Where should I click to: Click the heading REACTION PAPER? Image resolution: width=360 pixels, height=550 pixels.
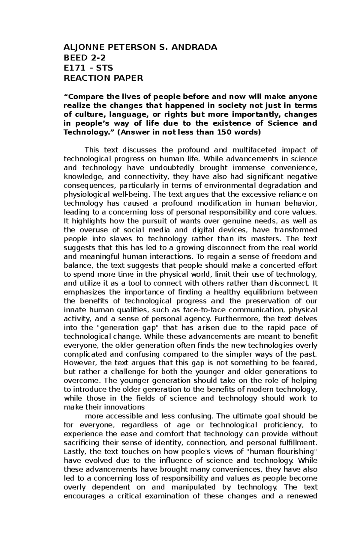pos(103,78)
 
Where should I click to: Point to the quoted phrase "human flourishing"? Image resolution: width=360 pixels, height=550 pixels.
pos(281,452)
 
